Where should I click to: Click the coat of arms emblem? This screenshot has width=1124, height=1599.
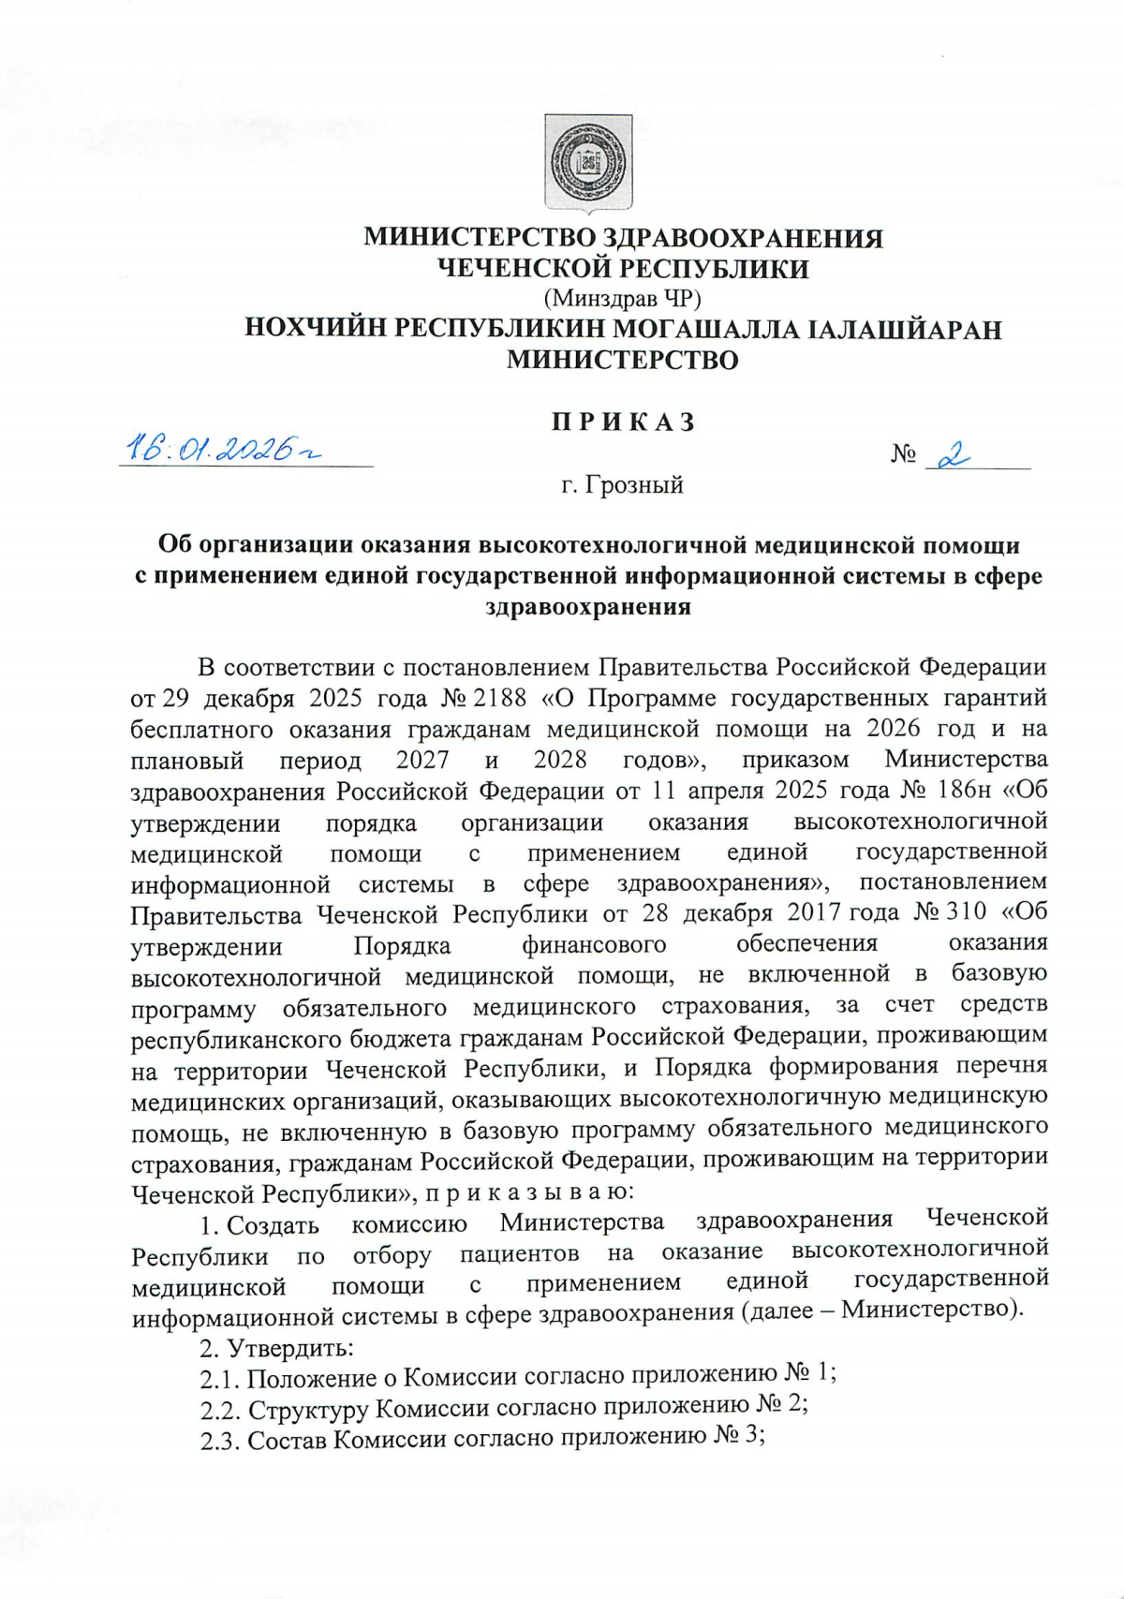tap(588, 163)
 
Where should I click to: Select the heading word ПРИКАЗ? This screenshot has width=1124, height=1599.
tap(623, 422)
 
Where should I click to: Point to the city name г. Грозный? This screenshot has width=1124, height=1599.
tap(622, 485)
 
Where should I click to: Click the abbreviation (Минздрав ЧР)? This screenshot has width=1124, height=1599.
tap(622, 299)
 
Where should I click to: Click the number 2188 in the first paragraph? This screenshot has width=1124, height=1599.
tap(503, 698)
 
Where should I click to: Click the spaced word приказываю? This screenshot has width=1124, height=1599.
tap(530, 1192)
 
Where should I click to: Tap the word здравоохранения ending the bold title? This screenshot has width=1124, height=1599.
tap(588, 607)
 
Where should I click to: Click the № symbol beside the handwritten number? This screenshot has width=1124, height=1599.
tap(903, 455)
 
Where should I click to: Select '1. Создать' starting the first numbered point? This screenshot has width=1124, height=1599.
tap(259, 1225)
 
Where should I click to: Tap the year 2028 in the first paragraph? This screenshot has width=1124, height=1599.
tap(560, 759)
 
